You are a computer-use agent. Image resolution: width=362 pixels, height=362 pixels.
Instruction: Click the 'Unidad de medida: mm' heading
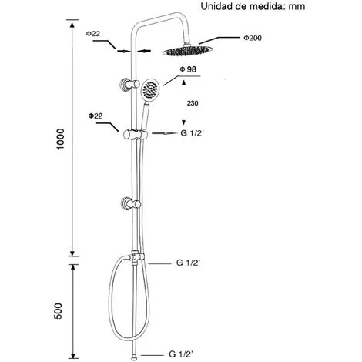point(253,6)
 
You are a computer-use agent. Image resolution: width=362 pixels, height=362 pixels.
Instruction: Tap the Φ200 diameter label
point(253,38)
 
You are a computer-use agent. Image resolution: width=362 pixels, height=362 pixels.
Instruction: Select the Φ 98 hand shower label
point(188,69)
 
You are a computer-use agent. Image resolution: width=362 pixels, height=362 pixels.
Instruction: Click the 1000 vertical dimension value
point(61,139)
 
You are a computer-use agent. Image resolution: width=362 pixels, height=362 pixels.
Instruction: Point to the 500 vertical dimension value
point(58,311)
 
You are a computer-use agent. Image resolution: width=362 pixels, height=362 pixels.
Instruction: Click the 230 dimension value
point(193,103)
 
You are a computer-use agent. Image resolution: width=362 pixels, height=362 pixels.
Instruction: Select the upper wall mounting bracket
point(130,84)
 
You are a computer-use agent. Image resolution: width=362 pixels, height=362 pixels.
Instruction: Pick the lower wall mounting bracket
point(131,204)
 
